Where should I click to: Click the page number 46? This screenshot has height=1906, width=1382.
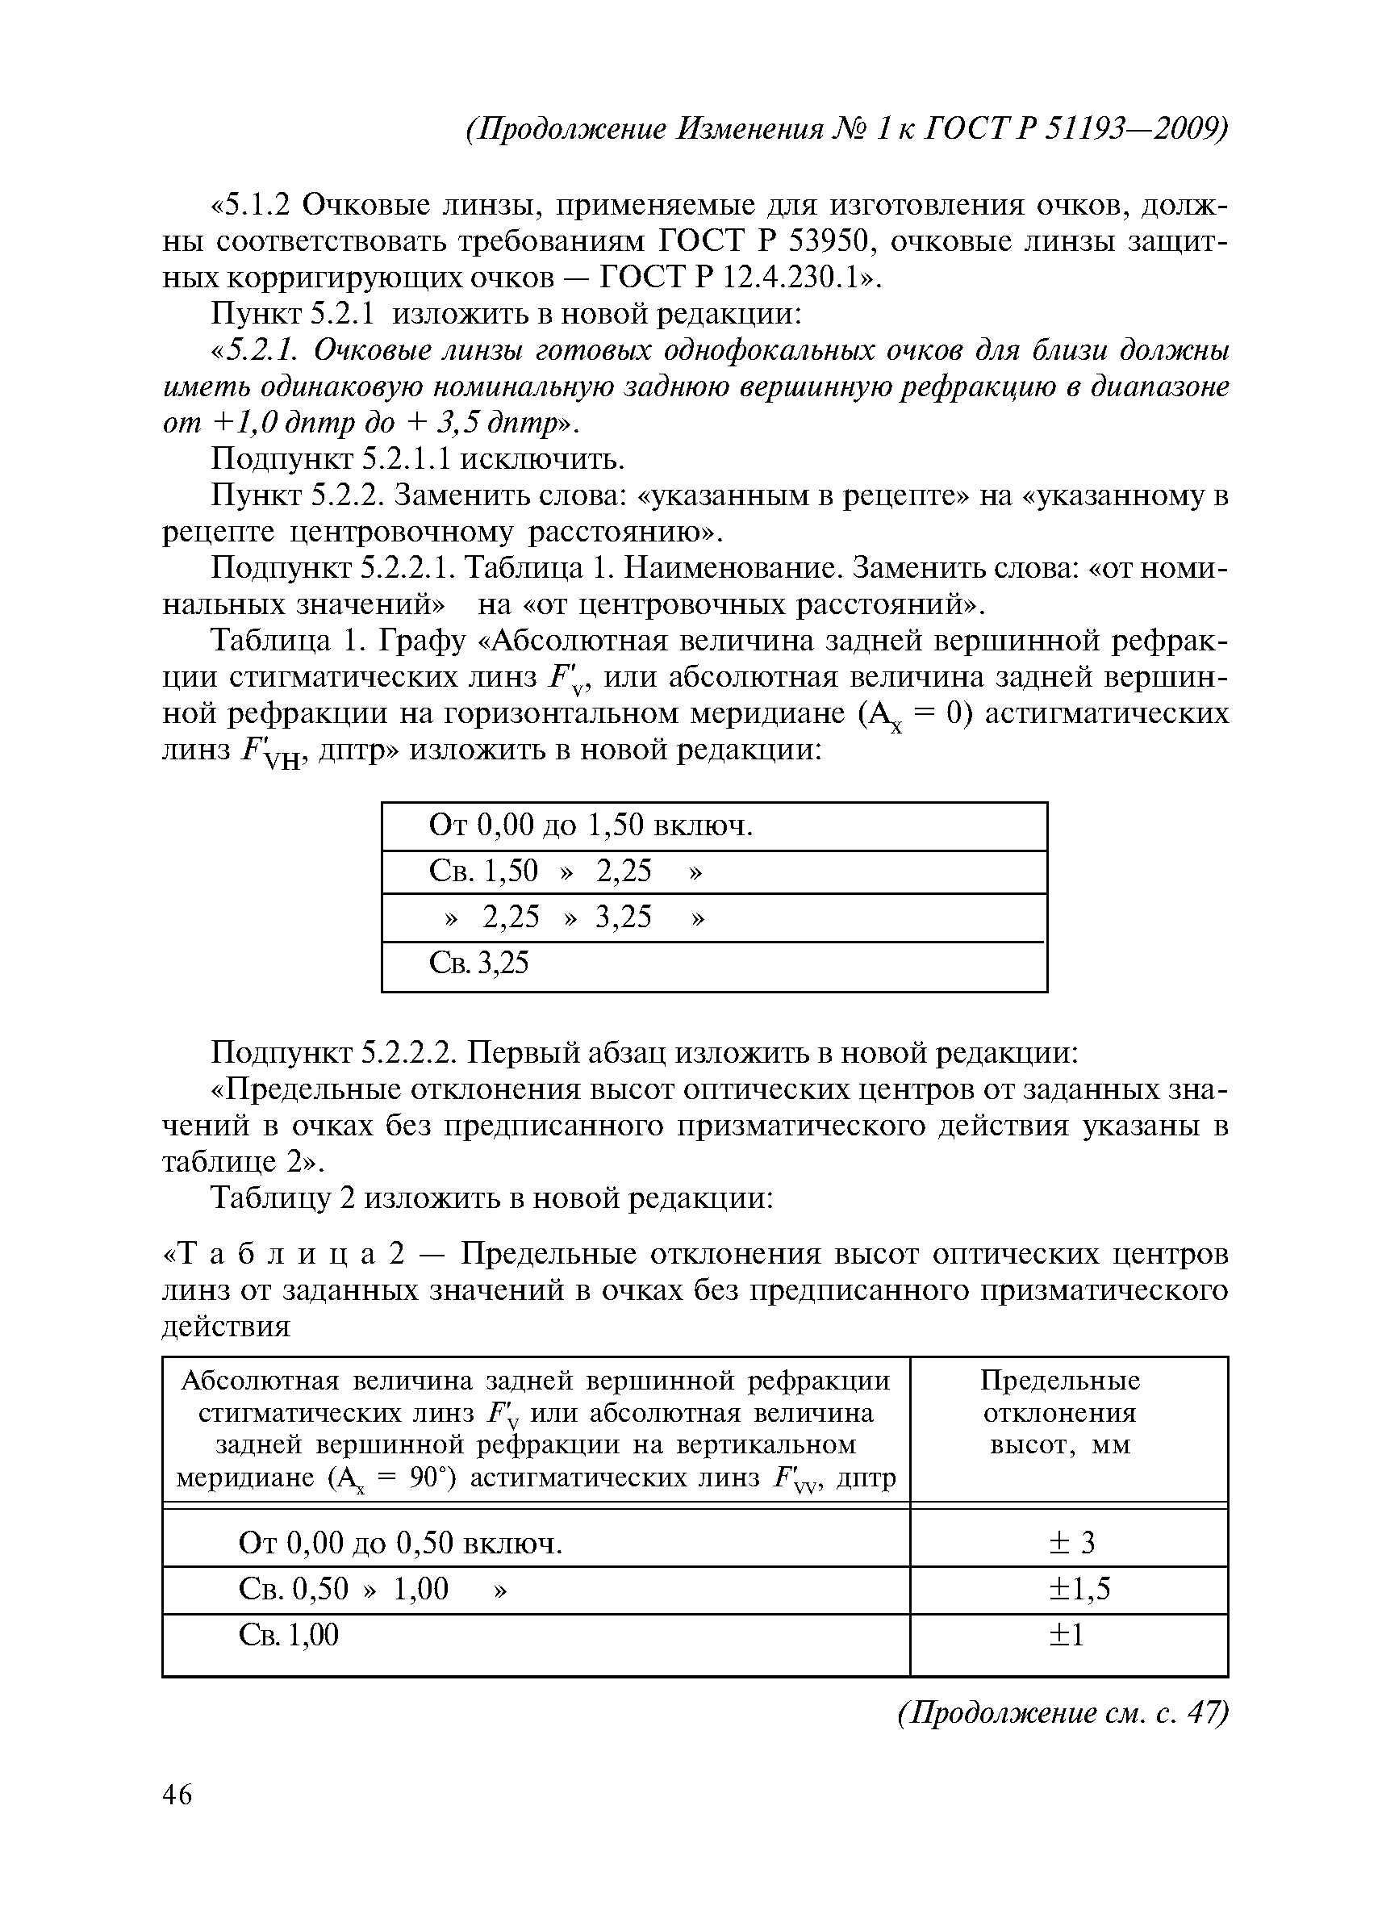177,1794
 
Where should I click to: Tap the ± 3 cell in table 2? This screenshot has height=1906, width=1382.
1069,1541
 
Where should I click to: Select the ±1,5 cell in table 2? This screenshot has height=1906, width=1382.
1069,1587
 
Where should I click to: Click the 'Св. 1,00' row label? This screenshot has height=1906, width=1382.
289,1634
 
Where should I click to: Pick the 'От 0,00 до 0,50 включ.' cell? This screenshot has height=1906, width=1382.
401,1542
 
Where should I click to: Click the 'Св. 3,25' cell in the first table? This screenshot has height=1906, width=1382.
479,962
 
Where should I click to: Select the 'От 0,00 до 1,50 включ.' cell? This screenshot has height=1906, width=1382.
591,826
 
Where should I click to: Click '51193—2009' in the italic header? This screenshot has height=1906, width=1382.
1133,128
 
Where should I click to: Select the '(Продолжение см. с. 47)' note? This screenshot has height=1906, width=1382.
1063,1712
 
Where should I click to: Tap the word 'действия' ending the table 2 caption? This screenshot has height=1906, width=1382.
226,1326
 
